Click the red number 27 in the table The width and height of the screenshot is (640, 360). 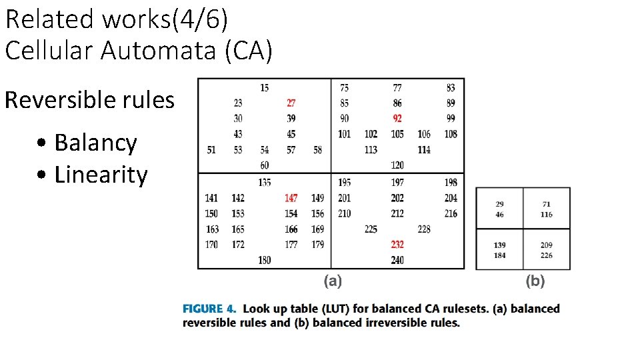291,103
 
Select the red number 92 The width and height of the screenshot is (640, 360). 397,119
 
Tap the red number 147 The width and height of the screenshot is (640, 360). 291,198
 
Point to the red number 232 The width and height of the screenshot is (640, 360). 397,245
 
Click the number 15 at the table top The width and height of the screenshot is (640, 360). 265,87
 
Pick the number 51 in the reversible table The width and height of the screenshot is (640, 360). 211,150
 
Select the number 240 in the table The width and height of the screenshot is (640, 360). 397,260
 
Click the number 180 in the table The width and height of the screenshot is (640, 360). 265,260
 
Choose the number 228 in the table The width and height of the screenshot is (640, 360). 424,229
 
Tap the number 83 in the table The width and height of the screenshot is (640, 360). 451,87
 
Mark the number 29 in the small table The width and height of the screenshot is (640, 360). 499,204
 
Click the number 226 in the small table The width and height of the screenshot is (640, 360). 547,255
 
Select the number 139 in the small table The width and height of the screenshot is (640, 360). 499,245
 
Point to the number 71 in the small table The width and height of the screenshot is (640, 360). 547,204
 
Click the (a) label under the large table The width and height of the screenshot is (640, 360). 333,281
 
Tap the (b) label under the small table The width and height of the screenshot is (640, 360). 535,281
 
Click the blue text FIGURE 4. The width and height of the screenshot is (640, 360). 210,309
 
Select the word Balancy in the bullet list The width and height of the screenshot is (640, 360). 95,143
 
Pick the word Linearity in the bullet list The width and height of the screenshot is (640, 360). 101,175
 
